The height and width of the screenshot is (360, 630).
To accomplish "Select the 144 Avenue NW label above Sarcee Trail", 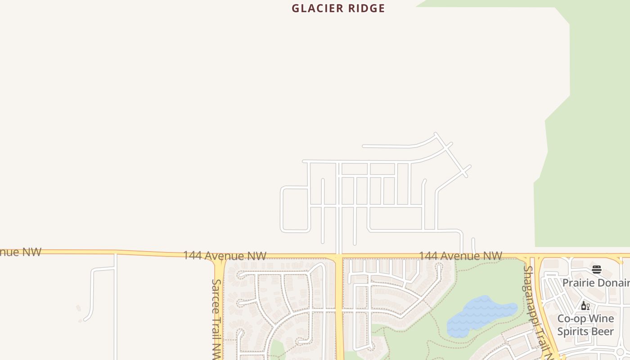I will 225,256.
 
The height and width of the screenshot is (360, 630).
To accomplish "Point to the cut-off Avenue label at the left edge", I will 20,252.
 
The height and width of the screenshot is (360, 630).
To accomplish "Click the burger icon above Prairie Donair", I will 597,270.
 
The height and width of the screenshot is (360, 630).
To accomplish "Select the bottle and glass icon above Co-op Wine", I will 585,306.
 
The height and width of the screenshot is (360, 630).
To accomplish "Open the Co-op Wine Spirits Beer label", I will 585,325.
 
